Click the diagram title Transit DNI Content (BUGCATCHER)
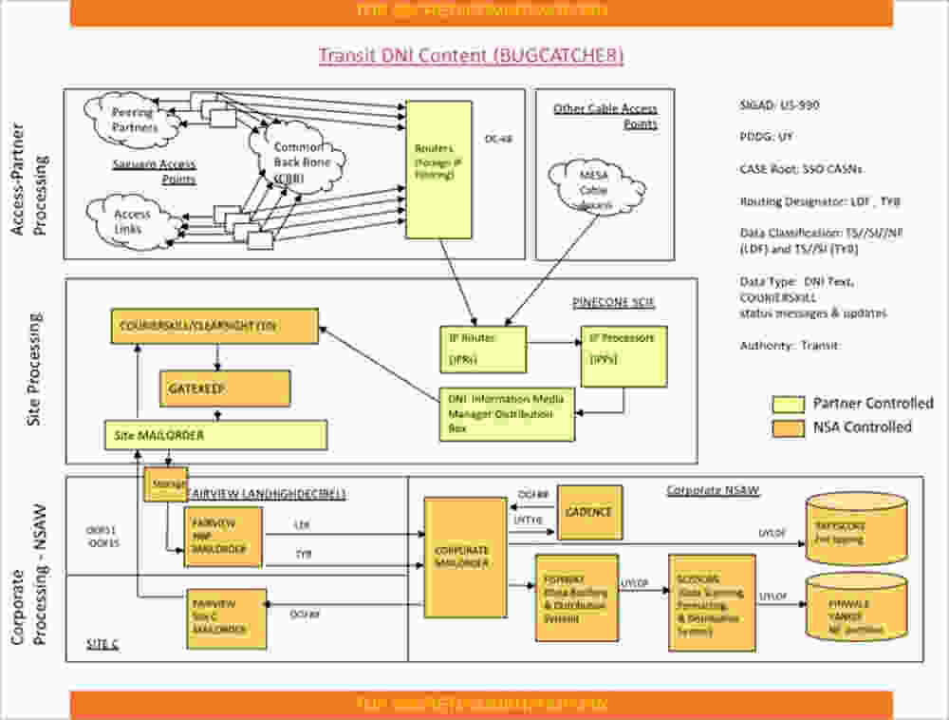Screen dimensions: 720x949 [x=471, y=55]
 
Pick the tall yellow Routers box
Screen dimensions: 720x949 [x=437, y=169]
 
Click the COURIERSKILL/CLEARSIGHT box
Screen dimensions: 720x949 [x=214, y=327]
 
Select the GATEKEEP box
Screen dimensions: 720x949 [x=224, y=388]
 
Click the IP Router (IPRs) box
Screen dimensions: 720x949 [x=483, y=349]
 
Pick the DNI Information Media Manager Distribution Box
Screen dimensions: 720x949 [x=507, y=414]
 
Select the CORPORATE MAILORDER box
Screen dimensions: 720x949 [x=462, y=557]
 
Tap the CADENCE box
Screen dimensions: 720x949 [x=589, y=512]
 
